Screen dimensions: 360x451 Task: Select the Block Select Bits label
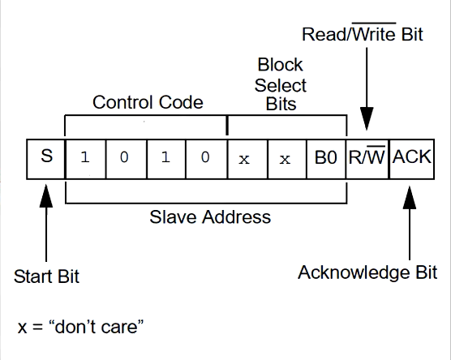[x=279, y=84]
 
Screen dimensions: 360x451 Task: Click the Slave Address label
[x=210, y=217]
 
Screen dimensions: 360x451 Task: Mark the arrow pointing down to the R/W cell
[x=367, y=89]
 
